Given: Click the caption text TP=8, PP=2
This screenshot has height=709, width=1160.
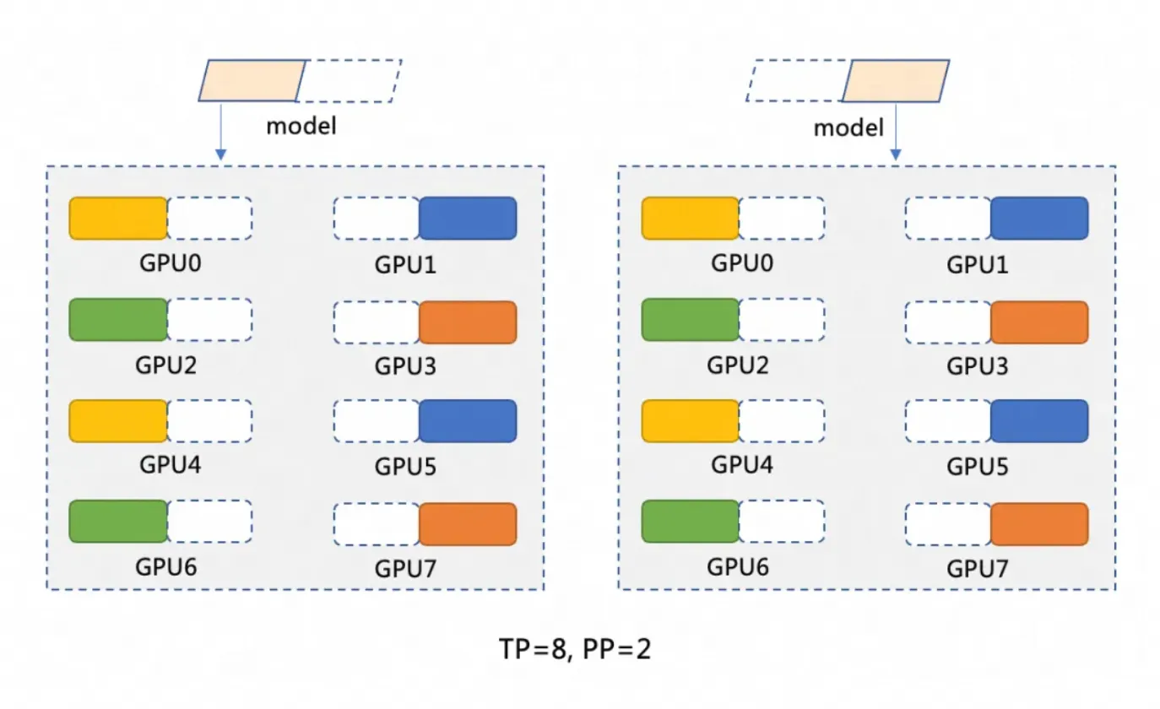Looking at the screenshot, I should tap(574, 649).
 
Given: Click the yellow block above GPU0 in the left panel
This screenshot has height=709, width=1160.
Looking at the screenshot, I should tap(118, 219).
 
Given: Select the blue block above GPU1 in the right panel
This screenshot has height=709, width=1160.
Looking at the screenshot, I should tap(1039, 219).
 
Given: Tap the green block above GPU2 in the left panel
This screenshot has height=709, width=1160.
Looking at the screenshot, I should tap(118, 320).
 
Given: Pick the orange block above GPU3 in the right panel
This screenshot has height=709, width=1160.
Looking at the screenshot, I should tap(1039, 322).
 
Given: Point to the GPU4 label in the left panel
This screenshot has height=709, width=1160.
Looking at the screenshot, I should tap(166, 465).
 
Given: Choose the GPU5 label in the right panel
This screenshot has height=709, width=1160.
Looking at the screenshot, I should tap(977, 465).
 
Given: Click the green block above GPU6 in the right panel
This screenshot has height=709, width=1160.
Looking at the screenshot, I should tap(690, 521).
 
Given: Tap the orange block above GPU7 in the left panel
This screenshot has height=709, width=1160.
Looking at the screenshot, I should tap(468, 524).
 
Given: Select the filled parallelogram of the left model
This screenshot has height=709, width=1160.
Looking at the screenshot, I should tap(252, 81).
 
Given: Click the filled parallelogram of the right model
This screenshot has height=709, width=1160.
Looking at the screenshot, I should tap(897, 81).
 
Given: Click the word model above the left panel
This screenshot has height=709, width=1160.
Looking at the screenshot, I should tap(301, 126).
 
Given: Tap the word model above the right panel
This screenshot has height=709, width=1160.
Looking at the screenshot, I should tap(848, 128).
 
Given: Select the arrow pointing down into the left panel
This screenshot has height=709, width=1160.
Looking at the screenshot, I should tap(220, 131).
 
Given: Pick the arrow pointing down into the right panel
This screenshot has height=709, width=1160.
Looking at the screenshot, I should tap(896, 131).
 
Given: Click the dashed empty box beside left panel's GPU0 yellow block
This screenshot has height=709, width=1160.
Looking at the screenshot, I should tap(210, 219).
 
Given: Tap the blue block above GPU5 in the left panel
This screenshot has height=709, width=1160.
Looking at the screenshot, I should tap(468, 420).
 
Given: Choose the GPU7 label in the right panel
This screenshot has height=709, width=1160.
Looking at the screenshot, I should tap(977, 568).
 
